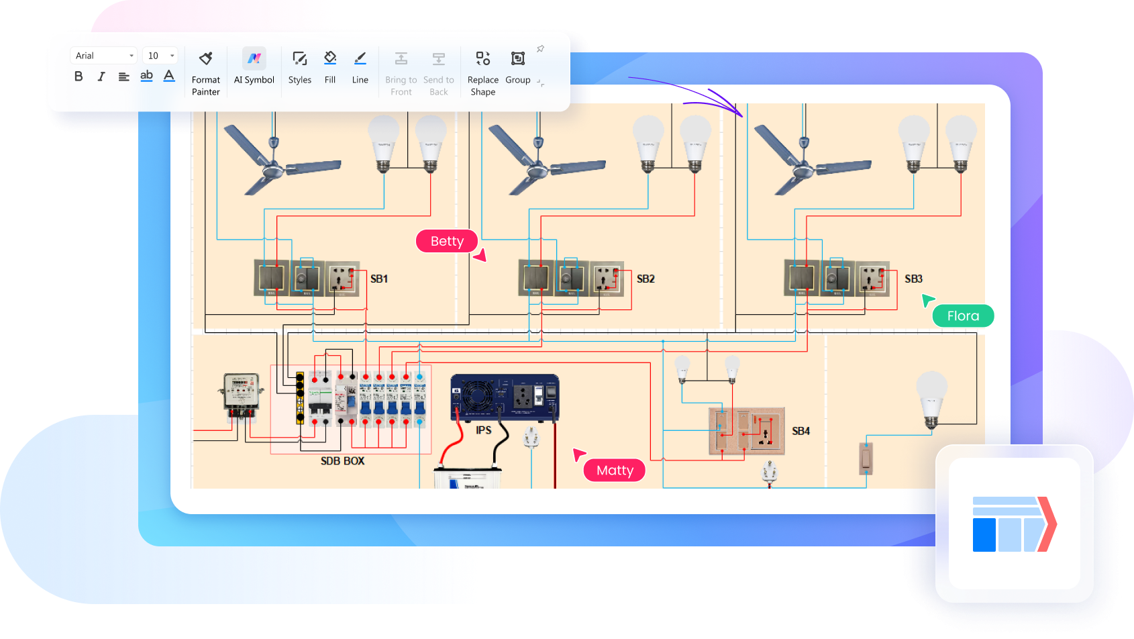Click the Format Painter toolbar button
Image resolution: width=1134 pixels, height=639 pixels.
[205, 72]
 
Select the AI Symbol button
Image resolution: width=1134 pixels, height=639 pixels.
[254, 66]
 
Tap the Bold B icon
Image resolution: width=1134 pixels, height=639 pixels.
[79, 77]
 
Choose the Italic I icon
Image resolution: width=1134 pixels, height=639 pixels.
[101, 77]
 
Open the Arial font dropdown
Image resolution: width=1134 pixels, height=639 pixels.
[103, 56]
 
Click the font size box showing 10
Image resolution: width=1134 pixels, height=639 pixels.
[160, 56]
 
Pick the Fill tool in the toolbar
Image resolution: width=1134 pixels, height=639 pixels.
[329, 66]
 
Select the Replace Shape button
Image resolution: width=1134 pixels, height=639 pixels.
[482, 72]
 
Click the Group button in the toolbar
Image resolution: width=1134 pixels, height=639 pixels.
[517, 66]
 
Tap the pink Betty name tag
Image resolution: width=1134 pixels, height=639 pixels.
[447, 241]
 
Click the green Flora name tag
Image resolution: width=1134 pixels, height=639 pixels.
[963, 315]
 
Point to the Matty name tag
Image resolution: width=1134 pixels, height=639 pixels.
[615, 470]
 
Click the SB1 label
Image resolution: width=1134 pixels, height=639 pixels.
[379, 279]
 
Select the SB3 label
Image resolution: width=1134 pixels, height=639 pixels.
[913, 279]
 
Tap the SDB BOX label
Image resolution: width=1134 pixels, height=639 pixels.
[342, 461]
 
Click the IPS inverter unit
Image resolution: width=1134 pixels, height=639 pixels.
[505, 397]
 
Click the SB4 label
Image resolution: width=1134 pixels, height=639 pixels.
[801, 431]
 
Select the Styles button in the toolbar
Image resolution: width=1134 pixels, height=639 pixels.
[299, 66]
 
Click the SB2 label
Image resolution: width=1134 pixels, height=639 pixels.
[646, 279]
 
